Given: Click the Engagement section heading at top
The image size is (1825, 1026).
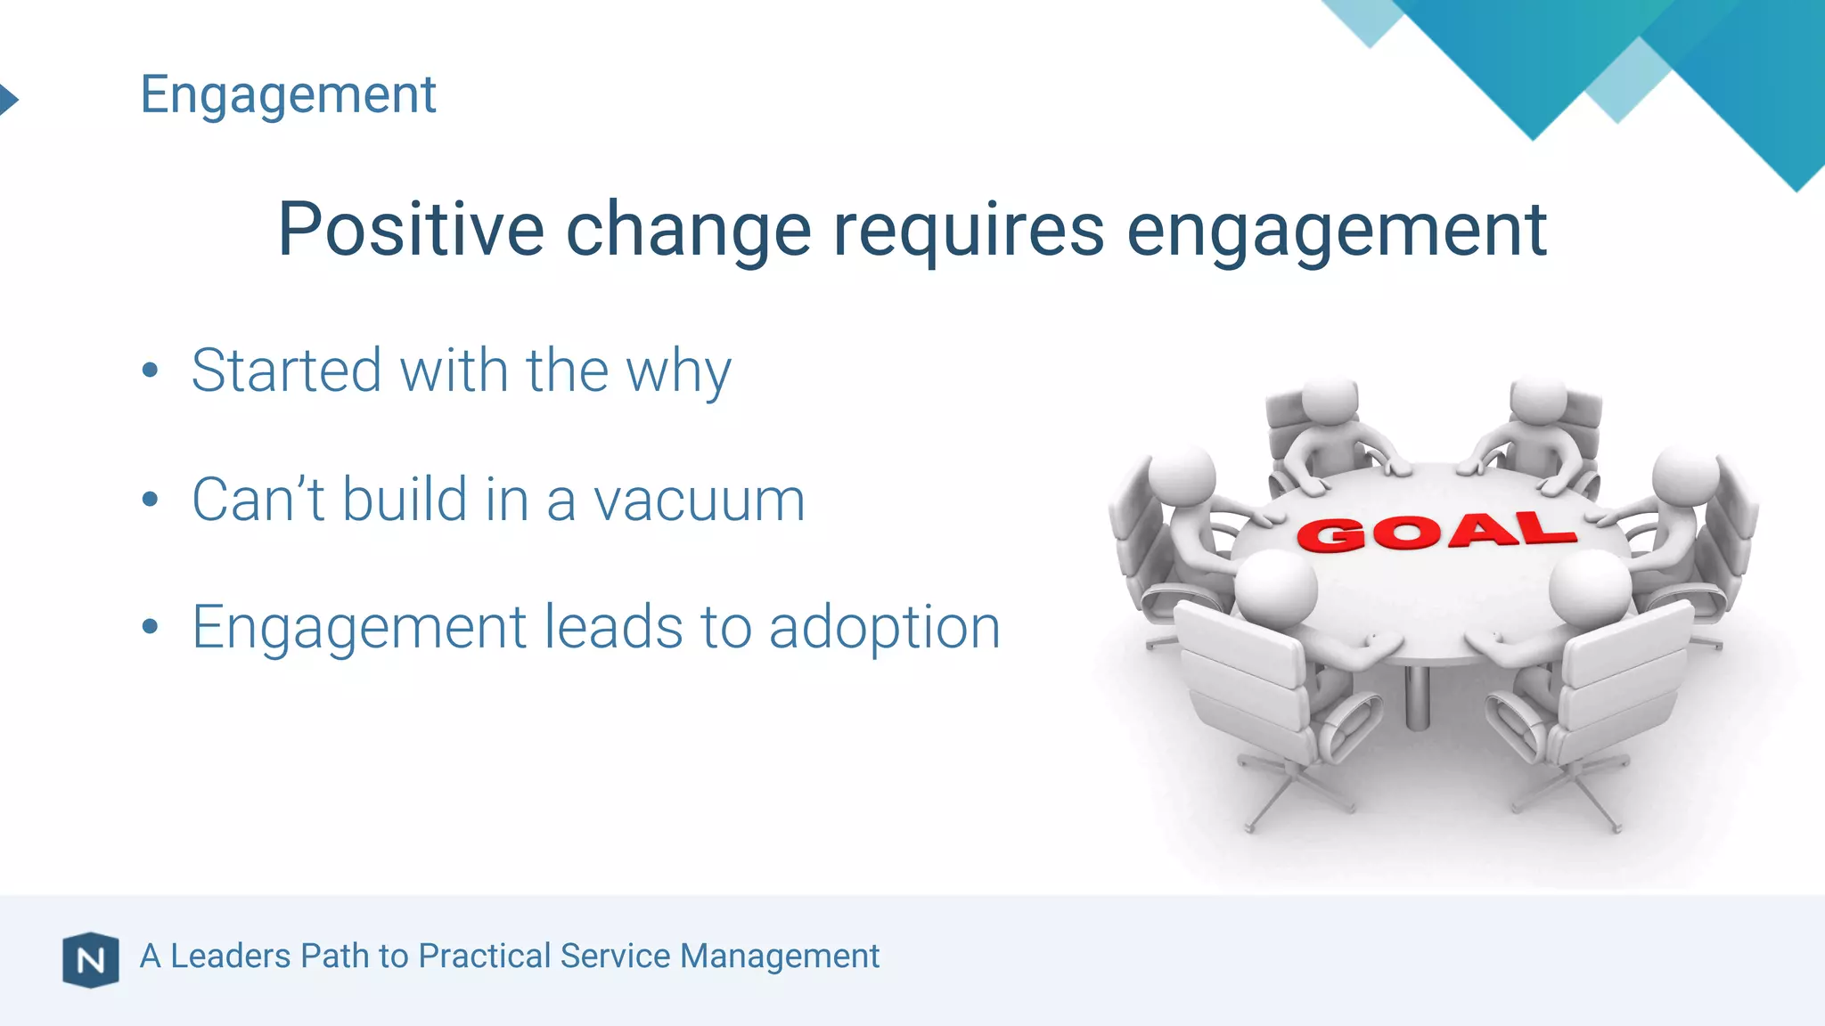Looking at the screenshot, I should point(288,94).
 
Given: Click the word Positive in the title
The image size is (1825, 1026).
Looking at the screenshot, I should point(410,230).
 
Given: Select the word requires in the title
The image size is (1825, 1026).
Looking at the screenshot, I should point(968,230).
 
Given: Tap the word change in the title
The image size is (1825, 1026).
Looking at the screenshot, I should point(688,230).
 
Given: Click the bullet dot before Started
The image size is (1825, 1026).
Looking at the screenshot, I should point(150,370).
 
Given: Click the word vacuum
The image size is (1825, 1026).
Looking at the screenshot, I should point(699,500).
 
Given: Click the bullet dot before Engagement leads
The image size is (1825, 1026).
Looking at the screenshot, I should point(150,627).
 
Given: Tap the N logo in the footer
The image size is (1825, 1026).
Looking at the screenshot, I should point(90,959).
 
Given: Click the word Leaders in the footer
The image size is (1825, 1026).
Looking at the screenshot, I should point(230,956).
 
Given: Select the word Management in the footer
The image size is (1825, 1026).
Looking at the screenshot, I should point(779,956).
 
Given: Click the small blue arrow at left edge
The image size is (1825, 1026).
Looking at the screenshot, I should point(8,99).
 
